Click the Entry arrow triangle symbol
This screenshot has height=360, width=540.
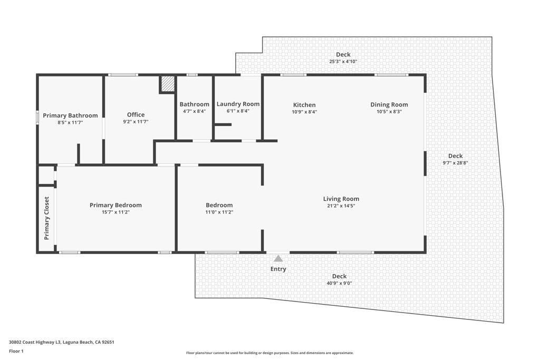278,258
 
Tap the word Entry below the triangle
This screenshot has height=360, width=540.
278,269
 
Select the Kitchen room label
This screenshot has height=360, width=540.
304,105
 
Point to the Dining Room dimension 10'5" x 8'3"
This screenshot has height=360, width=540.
389,112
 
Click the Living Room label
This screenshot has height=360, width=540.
341,199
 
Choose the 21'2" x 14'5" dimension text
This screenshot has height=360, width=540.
341,206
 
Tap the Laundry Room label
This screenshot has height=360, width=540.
238,104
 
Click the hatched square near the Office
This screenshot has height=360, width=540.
168,84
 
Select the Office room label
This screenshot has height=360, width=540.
136,114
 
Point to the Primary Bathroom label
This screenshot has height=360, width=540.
70,115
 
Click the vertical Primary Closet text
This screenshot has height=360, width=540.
46,218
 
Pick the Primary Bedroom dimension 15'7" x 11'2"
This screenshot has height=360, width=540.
115,212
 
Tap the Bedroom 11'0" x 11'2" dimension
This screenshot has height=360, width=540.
219,212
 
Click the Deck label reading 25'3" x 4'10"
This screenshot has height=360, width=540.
343,61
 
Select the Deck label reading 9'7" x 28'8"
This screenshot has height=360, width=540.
455,163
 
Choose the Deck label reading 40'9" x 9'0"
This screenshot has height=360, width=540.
339,283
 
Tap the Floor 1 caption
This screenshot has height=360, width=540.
16,351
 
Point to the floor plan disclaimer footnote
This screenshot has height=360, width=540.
269,353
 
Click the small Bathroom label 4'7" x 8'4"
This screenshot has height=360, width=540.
194,111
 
